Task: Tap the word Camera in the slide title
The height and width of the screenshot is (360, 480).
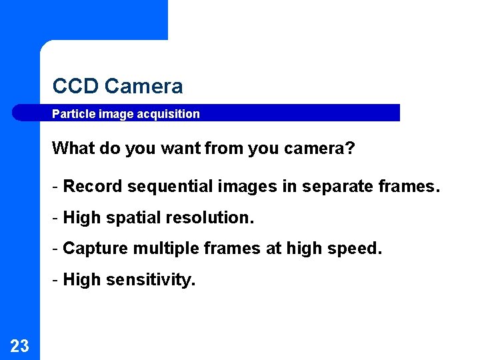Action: click(143, 86)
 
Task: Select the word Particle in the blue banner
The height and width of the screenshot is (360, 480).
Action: click(73, 114)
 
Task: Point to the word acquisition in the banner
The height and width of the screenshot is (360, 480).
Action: click(168, 114)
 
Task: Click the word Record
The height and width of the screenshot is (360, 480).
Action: click(93, 187)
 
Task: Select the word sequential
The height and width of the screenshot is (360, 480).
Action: click(167, 187)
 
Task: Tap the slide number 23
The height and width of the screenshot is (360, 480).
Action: click(20, 345)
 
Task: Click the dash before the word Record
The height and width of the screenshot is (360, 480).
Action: click(55, 187)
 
